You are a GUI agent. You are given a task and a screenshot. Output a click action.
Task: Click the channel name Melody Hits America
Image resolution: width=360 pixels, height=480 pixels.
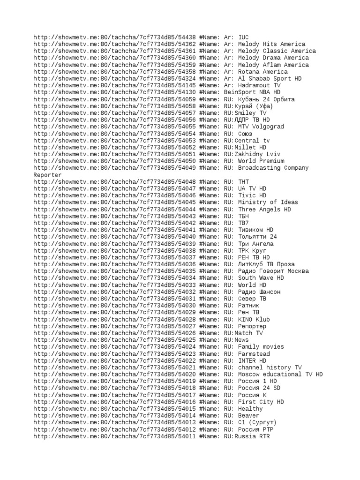271,44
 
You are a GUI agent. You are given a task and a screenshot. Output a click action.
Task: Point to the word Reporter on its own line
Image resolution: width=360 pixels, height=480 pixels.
47,175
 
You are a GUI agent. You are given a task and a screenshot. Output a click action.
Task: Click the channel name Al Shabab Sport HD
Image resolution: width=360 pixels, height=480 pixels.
270,79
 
